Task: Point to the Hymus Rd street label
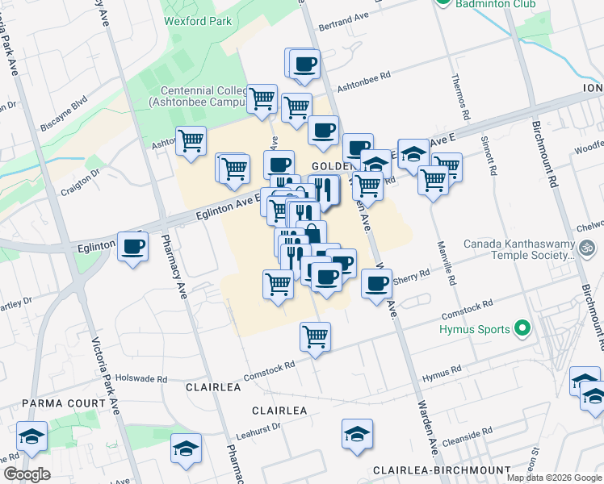pos(442,372)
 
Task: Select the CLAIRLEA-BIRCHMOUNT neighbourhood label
pos(441,470)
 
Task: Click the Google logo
pos(27,474)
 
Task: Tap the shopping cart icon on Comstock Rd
pos(315,336)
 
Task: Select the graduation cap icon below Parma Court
pos(31,436)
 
